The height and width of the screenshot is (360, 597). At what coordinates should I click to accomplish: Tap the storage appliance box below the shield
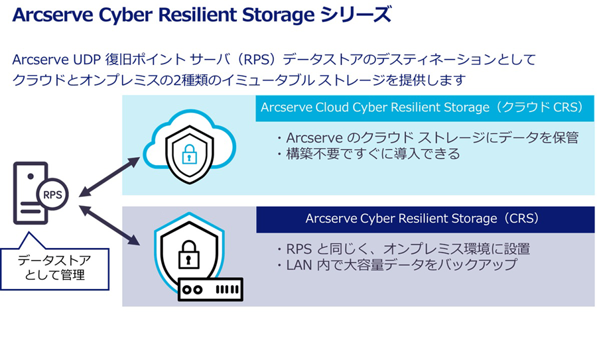pyautogui.click(x=211, y=290)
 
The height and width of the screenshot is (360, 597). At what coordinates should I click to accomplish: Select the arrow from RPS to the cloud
pyautogui.click(x=109, y=178)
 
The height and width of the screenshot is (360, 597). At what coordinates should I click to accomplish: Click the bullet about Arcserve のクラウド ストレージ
pyautogui.click(x=427, y=138)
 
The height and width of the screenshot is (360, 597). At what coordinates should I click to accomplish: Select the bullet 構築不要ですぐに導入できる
pyautogui.click(x=367, y=154)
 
